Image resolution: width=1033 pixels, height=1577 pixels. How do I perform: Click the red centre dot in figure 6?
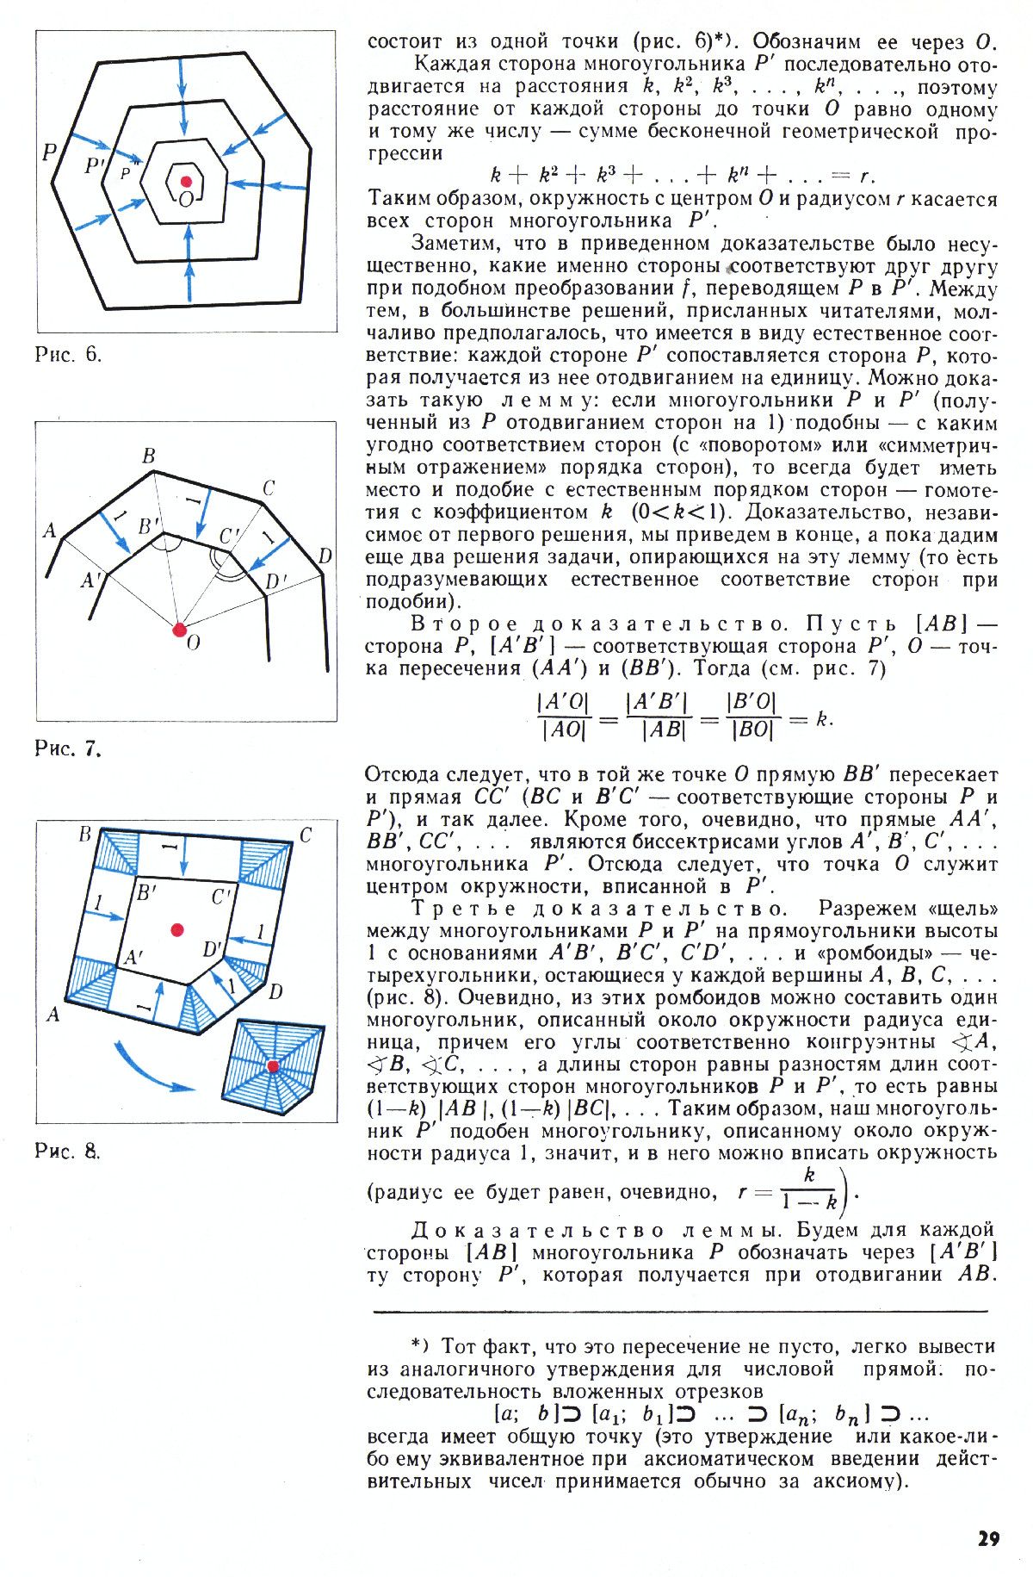(x=186, y=182)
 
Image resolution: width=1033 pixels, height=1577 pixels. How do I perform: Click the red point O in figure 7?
(x=179, y=630)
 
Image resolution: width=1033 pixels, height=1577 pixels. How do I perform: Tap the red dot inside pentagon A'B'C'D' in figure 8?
(x=177, y=929)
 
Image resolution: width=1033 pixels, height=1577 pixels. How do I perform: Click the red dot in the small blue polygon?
(x=274, y=1066)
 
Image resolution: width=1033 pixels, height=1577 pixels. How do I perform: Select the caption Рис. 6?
(x=68, y=355)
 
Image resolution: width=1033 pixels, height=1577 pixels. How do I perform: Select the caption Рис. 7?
(x=68, y=748)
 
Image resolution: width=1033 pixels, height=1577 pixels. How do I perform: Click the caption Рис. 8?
(x=68, y=1151)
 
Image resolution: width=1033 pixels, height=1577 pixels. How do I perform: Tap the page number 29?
(x=988, y=1538)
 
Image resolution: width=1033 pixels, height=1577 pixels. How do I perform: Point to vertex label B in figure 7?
(x=149, y=456)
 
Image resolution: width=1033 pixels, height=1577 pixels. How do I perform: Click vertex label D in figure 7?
(x=325, y=556)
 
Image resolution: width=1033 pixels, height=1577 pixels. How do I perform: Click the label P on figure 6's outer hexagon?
(x=50, y=152)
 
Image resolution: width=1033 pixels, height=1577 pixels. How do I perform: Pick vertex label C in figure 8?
(x=306, y=835)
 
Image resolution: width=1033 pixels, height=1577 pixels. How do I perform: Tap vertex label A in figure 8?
(x=53, y=1015)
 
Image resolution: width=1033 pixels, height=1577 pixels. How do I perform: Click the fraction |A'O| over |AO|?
(x=565, y=717)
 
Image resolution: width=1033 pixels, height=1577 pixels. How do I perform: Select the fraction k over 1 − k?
(x=808, y=1190)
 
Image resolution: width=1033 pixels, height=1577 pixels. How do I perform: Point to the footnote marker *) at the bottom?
(x=418, y=1346)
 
